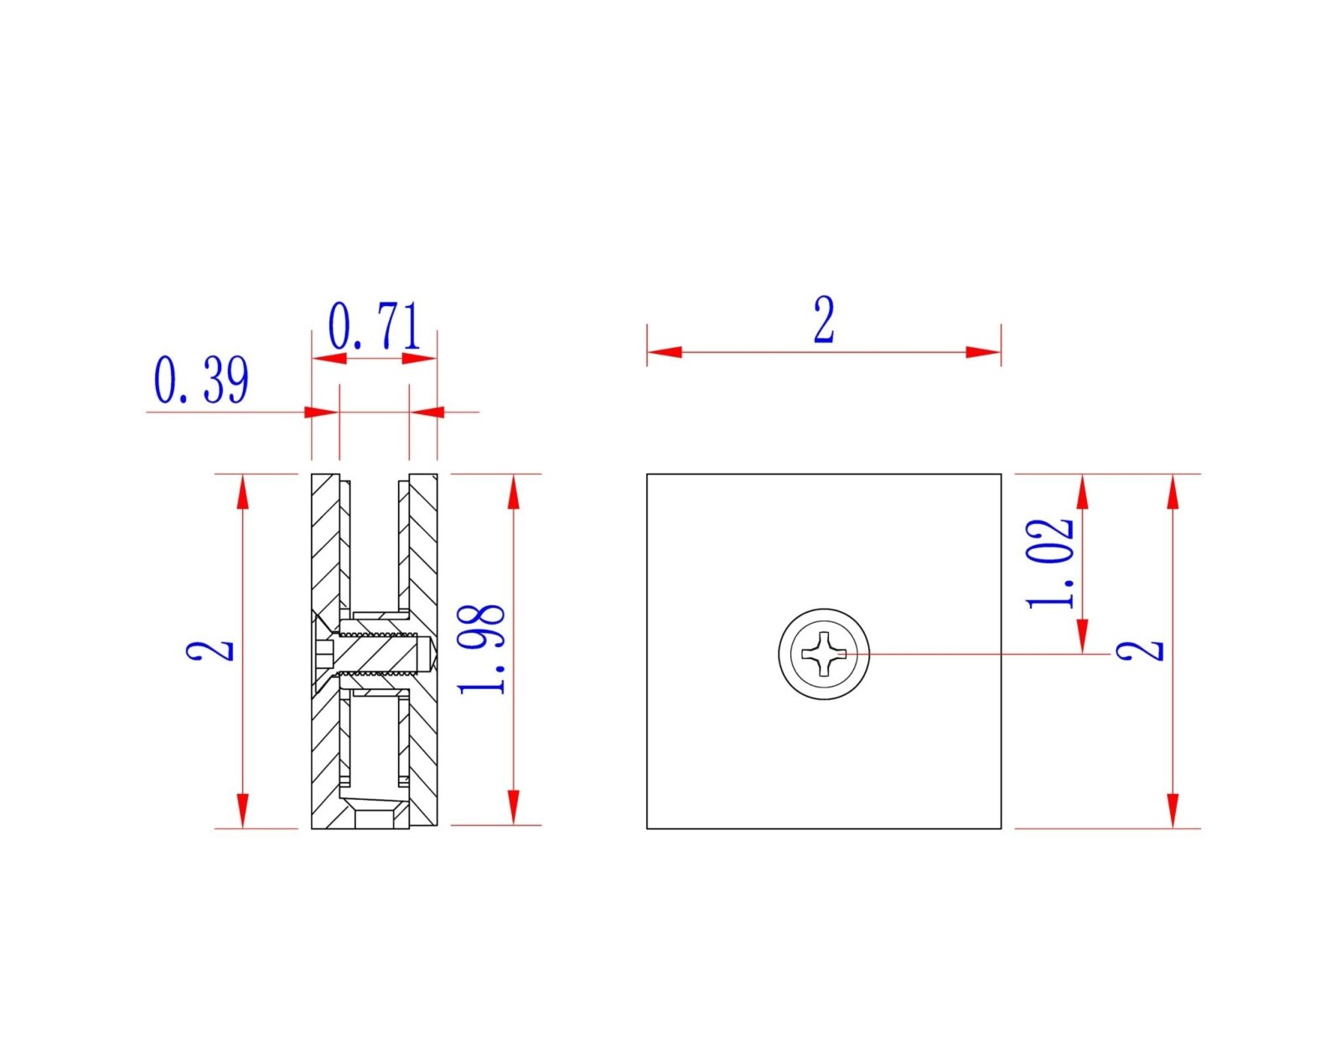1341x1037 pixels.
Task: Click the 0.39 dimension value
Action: (201, 381)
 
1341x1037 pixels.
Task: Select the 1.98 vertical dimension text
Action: (482, 649)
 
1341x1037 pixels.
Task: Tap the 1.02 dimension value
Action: (1050, 563)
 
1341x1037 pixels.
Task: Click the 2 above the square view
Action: (824, 320)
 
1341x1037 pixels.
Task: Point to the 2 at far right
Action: (1140, 651)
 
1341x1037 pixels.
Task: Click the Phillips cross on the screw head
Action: (824, 654)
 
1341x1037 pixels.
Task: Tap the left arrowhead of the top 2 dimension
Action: (664, 352)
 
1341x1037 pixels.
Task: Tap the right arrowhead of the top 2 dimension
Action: (984, 352)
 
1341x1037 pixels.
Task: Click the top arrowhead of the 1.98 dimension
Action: (514, 491)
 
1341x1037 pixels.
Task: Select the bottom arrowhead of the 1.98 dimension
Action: (514, 807)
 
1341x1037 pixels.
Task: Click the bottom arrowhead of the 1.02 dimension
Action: (1082, 635)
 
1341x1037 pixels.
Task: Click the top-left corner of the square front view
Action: (647, 474)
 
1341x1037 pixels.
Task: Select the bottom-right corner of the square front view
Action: (1001, 828)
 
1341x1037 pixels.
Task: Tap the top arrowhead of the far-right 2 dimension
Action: (1173, 491)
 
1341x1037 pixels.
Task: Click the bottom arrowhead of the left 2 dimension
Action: (243, 811)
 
